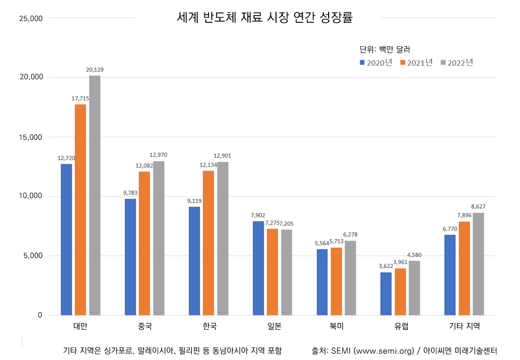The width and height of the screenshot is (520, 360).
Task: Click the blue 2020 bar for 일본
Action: pyautogui.click(x=258, y=268)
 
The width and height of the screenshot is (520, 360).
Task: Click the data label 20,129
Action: pyautogui.click(x=95, y=69)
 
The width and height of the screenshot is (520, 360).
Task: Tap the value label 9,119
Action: pyautogui.click(x=193, y=200)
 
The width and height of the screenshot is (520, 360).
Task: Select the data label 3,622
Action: pyautogui.click(x=385, y=266)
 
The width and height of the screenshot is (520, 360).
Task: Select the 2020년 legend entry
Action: pyautogui.click(x=376, y=62)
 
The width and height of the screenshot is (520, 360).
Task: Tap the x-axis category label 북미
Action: pyautogui.click(x=336, y=327)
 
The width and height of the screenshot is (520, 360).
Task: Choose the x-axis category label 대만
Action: pyautogui.click(x=80, y=327)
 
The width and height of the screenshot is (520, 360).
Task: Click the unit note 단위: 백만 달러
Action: pyautogui.click(x=385, y=49)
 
